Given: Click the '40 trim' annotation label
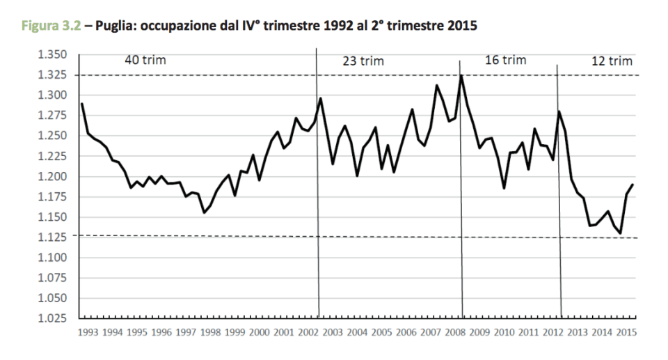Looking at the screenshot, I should click(x=145, y=60).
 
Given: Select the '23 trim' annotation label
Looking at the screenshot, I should click(x=363, y=62).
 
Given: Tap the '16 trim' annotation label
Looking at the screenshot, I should click(x=505, y=61).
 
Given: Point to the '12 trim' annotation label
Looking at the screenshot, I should click(x=612, y=61).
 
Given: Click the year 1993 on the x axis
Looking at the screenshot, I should click(x=89, y=333).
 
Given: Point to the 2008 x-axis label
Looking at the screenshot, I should click(x=455, y=333).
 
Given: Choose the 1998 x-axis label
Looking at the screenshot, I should click(x=211, y=333).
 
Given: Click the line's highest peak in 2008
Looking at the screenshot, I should click(x=461, y=75).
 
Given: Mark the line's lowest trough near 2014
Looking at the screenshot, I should click(x=621, y=233).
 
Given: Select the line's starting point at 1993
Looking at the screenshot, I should click(x=81, y=104).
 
